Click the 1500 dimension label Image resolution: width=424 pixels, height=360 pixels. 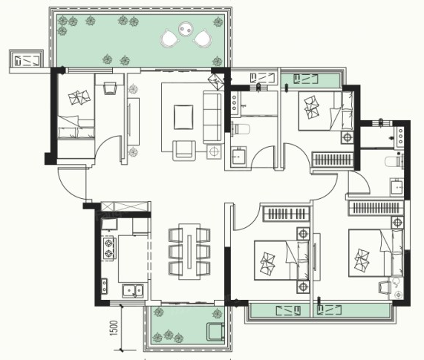point(114,328)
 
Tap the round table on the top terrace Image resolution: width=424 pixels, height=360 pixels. point(186,29)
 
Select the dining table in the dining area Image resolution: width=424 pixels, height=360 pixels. point(189,252)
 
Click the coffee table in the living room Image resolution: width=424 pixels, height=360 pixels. point(183,117)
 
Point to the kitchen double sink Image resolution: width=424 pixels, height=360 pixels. point(133,291)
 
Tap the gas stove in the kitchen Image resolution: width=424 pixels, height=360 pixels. point(108,249)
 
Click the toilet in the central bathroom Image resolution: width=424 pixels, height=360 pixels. point(240,128)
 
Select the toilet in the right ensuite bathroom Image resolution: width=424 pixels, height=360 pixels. point(394,162)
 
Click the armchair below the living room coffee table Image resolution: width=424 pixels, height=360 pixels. point(184,151)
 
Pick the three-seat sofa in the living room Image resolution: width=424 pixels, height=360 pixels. point(213,117)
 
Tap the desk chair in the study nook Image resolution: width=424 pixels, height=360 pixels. point(110,88)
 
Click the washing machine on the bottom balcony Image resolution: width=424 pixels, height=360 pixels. point(215,332)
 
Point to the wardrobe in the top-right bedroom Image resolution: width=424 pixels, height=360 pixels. point(333,160)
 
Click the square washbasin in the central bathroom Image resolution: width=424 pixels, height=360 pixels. point(238,156)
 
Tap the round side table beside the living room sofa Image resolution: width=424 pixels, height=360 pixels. point(214,151)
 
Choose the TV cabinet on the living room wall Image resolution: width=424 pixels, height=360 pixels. point(134,122)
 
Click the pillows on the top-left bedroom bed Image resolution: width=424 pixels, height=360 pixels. point(79,97)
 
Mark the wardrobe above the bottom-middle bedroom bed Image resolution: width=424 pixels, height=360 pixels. point(286,214)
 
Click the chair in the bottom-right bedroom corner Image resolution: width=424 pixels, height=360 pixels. point(384,287)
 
